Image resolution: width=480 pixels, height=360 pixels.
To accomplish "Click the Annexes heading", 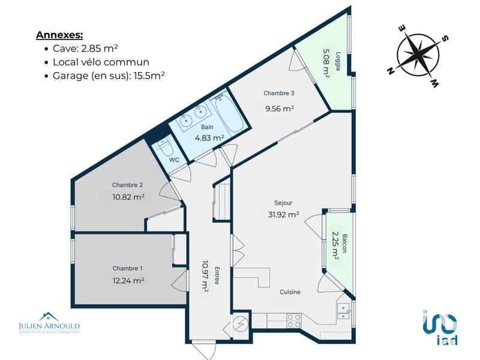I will click(x=59, y=35).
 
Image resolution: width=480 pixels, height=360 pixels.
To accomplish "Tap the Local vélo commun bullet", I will click(x=101, y=62).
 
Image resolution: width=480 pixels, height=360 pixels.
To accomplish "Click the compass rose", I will click(x=418, y=54).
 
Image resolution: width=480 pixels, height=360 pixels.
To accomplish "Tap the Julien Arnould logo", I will click(x=49, y=323).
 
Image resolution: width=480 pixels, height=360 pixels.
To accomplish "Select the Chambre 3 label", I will click(x=279, y=93).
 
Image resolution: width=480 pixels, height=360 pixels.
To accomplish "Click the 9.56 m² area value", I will click(x=280, y=109).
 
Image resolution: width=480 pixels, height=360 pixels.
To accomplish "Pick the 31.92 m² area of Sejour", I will click(x=284, y=214).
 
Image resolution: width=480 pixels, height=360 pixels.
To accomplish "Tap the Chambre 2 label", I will click(x=127, y=185).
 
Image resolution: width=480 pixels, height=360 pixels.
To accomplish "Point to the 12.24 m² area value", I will click(x=128, y=280).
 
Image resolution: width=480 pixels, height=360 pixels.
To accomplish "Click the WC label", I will click(x=175, y=160).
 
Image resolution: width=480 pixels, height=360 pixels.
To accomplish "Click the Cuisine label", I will click(x=290, y=292).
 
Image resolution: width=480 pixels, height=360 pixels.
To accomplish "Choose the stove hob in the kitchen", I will click(x=294, y=321).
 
